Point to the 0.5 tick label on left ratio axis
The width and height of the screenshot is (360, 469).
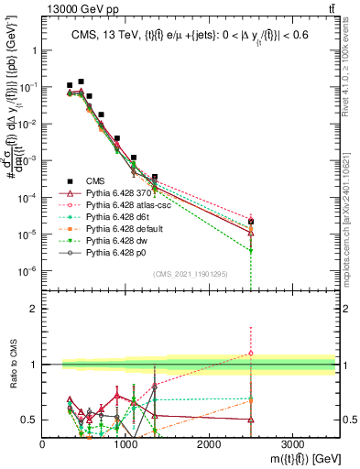30,420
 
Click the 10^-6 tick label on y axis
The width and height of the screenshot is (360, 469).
27,271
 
